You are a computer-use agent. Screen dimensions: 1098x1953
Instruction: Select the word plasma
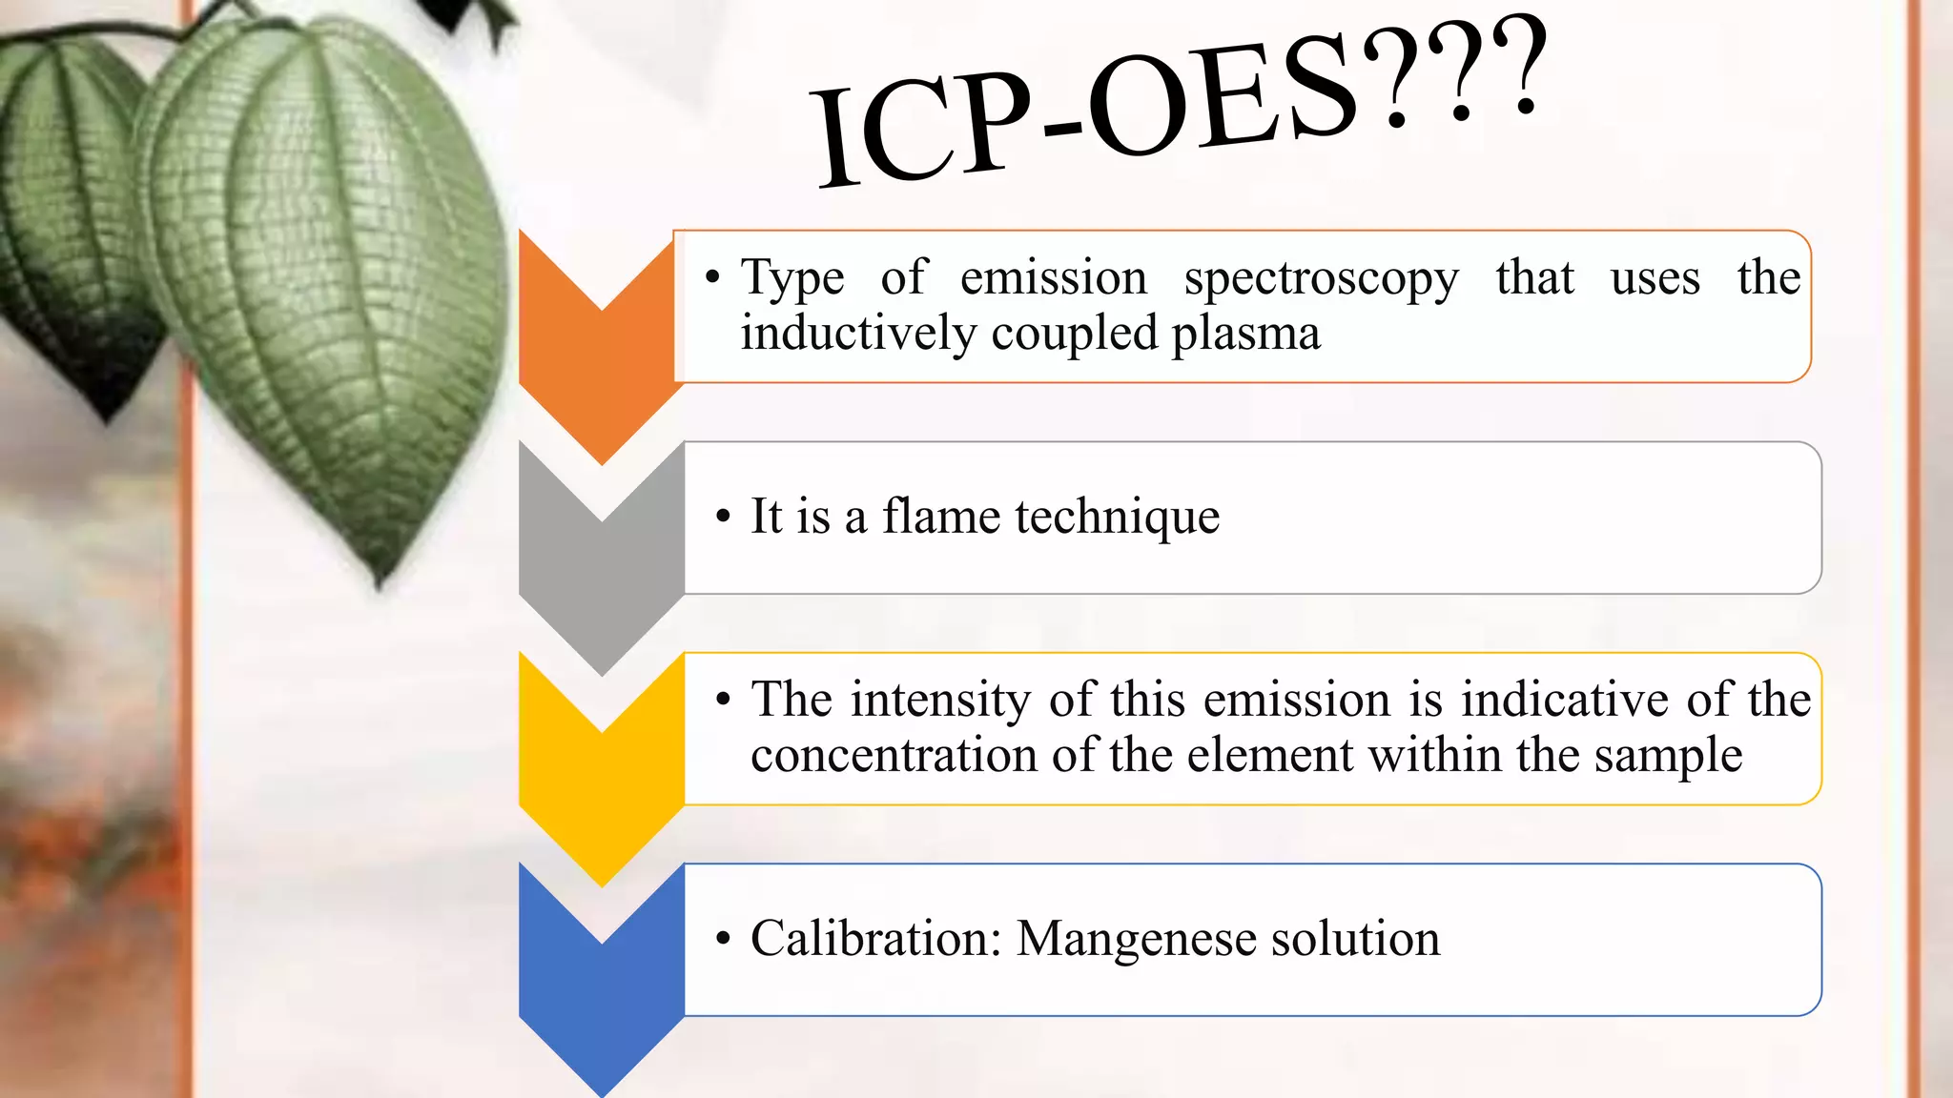point(1245,335)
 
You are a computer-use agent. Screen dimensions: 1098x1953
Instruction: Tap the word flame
point(940,517)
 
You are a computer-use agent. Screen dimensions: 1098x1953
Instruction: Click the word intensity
point(939,701)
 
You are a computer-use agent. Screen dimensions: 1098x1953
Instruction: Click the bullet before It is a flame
point(723,518)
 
